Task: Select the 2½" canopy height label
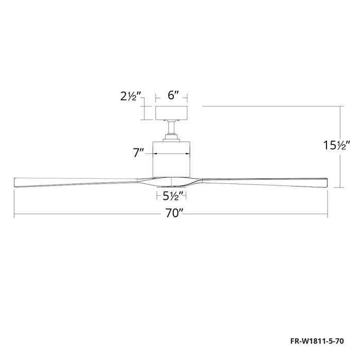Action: [x=130, y=96]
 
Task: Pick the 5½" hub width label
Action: [x=171, y=196]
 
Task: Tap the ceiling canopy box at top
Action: [x=172, y=113]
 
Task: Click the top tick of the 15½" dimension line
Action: [x=341, y=107]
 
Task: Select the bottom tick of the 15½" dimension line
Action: [x=341, y=186]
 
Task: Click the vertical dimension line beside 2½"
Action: [x=145, y=113]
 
